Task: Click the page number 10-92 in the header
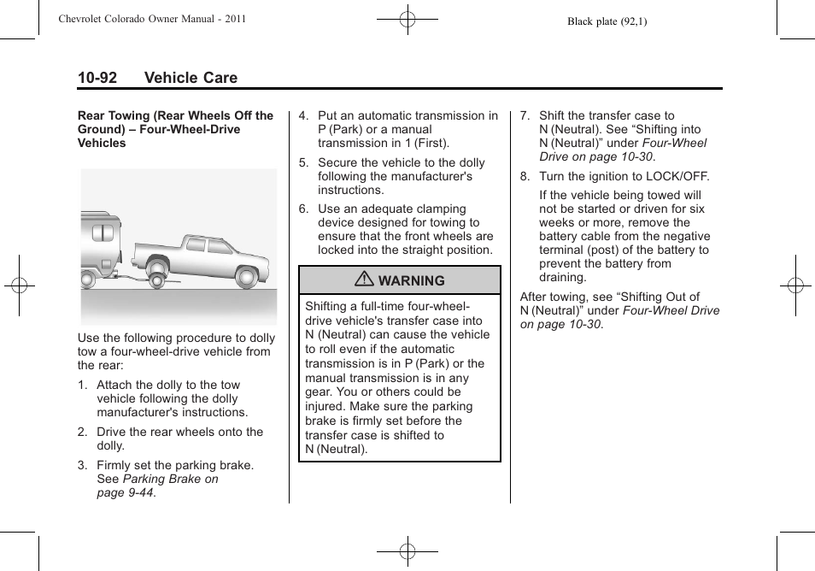[x=97, y=78]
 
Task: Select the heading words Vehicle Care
[x=191, y=78]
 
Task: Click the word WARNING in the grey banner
[x=411, y=280]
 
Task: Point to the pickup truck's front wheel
[x=248, y=276]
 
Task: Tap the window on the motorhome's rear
[x=103, y=233]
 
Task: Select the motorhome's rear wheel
[x=87, y=278]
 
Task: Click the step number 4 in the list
[x=302, y=116]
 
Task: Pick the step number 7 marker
[x=525, y=116]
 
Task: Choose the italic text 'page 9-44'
[x=126, y=493]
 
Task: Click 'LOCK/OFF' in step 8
[x=680, y=177]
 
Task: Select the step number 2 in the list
[x=82, y=433]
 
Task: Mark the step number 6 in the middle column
[x=302, y=209]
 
